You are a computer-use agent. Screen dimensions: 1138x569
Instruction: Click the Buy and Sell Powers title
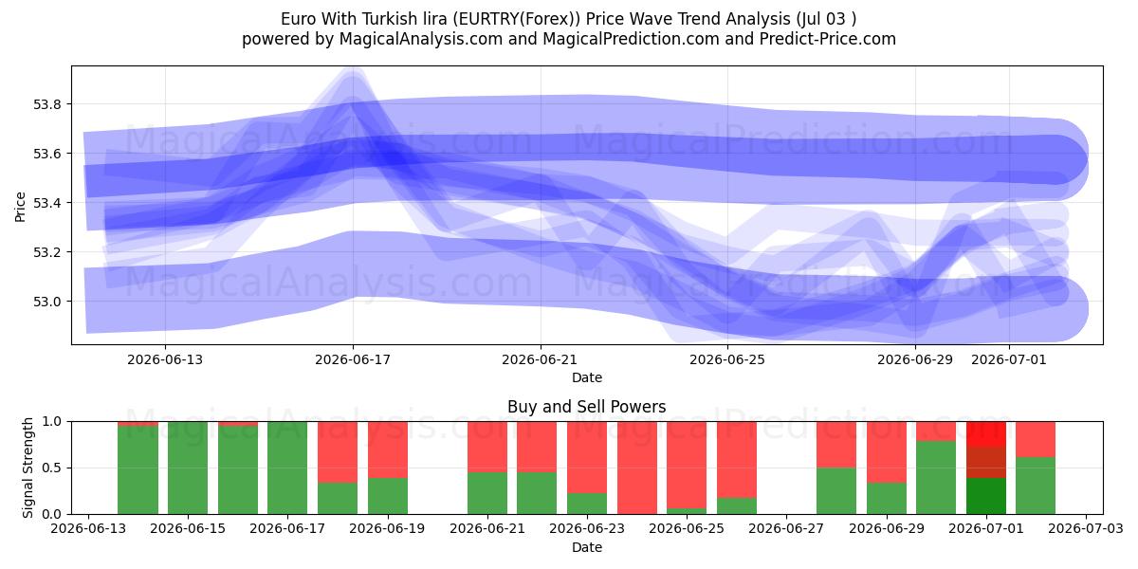point(586,407)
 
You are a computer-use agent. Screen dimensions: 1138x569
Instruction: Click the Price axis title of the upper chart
point(20,207)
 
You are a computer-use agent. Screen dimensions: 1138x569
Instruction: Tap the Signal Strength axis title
point(28,468)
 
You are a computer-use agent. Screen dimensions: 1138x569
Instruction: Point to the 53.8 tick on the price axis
point(47,104)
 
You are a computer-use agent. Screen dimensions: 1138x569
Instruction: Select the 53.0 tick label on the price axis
point(47,302)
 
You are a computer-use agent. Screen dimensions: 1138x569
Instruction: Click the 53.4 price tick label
point(47,203)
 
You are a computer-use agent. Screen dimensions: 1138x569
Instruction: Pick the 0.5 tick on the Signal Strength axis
point(52,468)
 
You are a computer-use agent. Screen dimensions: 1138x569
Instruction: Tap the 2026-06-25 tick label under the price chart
point(727,359)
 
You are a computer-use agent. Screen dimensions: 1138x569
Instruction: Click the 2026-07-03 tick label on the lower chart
point(1086,528)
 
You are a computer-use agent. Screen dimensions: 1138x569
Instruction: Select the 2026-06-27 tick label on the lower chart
point(786,528)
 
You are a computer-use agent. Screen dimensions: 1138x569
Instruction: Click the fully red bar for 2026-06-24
point(637,468)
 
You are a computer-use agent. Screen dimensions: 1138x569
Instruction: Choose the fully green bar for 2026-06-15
point(188,468)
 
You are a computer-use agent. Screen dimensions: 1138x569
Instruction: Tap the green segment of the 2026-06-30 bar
point(936,478)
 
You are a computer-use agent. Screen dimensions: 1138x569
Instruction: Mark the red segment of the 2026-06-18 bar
point(338,452)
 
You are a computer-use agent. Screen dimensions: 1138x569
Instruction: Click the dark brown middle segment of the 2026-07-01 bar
point(985,463)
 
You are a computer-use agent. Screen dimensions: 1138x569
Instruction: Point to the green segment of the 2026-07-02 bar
point(1036,486)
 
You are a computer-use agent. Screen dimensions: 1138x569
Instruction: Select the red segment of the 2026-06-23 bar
point(587,457)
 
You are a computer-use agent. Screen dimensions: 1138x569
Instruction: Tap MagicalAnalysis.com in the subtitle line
point(421,39)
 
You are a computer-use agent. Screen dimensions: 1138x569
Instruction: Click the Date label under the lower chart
point(587,548)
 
